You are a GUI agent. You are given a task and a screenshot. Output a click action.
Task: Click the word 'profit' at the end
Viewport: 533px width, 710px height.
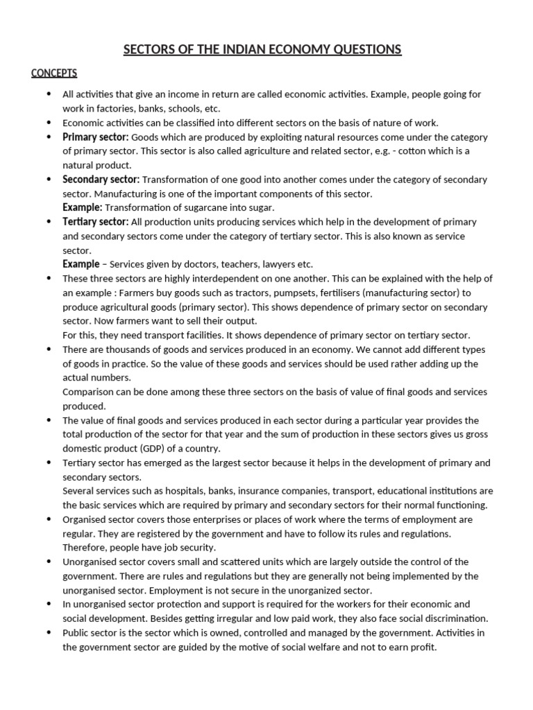[422, 647]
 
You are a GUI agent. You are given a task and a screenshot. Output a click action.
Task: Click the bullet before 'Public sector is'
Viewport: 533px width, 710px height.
[47, 633]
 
